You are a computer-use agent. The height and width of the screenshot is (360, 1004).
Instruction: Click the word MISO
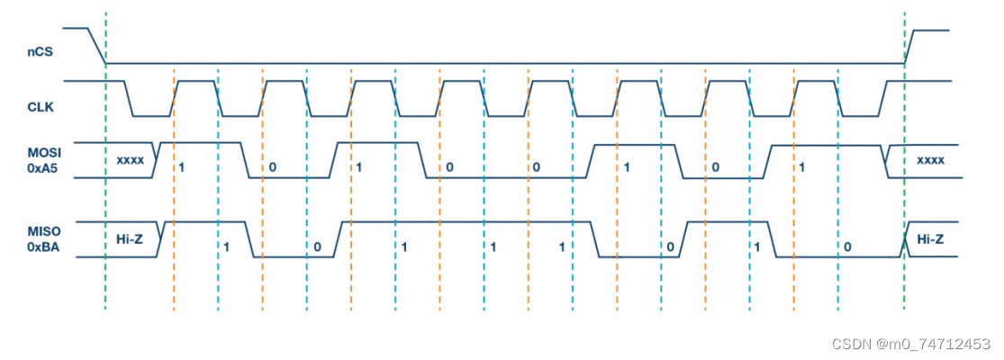click(40, 232)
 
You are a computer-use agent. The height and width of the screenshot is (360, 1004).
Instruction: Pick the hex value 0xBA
click(40, 247)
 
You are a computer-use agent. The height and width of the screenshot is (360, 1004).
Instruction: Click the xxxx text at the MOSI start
click(131, 160)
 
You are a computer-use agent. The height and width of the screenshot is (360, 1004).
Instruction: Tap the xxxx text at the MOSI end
click(930, 159)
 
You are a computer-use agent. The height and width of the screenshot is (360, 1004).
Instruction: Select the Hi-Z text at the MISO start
click(130, 238)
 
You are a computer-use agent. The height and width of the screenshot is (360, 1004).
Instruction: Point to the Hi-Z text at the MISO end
click(930, 238)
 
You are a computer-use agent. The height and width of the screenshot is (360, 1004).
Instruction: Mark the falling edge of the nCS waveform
click(97, 47)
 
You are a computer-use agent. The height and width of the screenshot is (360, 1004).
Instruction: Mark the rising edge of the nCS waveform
click(909, 47)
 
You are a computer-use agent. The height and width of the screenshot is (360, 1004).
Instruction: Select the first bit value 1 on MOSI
click(182, 167)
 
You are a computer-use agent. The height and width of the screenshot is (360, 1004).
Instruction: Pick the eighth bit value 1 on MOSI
click(801, 167)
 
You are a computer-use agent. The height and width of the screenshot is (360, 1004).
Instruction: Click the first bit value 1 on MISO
click(227, 247)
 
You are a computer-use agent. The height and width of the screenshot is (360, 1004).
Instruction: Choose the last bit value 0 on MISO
click(846, 247)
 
